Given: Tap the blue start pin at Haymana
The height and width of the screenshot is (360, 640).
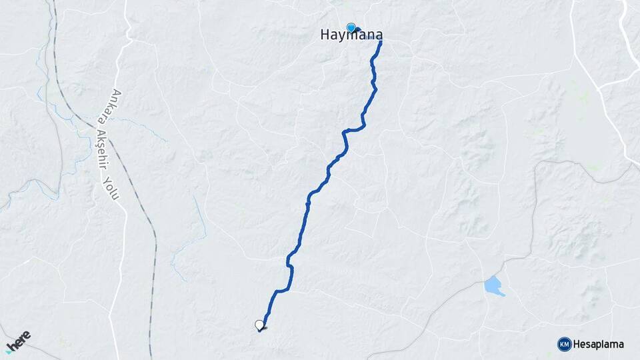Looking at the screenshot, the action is point(351,27).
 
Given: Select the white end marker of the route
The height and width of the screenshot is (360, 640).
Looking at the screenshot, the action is point(259,325).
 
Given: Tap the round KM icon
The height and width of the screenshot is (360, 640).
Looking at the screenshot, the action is point(564,344).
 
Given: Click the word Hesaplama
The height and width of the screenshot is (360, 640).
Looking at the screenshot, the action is point(598,345).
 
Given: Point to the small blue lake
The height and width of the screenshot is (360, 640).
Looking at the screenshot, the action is point(493,285).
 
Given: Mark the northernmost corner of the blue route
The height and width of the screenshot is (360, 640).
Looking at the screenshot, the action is point(381,42).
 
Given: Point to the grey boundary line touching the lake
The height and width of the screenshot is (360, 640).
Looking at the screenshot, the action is point(467,293).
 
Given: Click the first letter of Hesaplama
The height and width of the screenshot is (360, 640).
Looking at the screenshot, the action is point(577,345).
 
